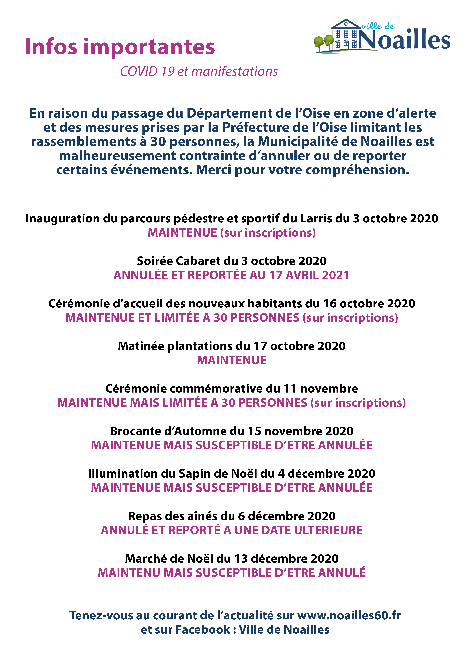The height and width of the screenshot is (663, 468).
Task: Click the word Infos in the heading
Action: click(x=51, y=47)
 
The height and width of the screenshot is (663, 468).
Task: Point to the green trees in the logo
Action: click(x=324, y=43)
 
